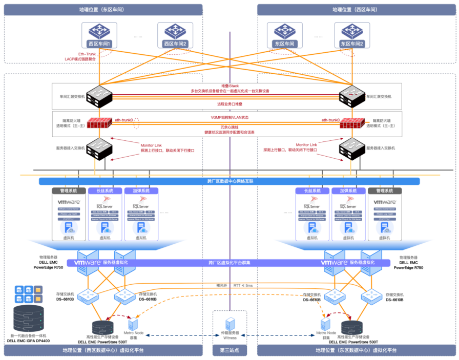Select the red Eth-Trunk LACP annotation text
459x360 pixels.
(80, 56)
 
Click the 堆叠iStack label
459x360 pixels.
(229, 86)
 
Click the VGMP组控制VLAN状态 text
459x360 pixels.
(229, 117)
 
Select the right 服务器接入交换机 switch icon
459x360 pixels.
(351, 149)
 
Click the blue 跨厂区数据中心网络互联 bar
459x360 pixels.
(229, 181)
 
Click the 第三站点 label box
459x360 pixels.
(229, 351)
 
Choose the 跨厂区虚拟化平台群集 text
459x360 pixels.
(229, 263)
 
